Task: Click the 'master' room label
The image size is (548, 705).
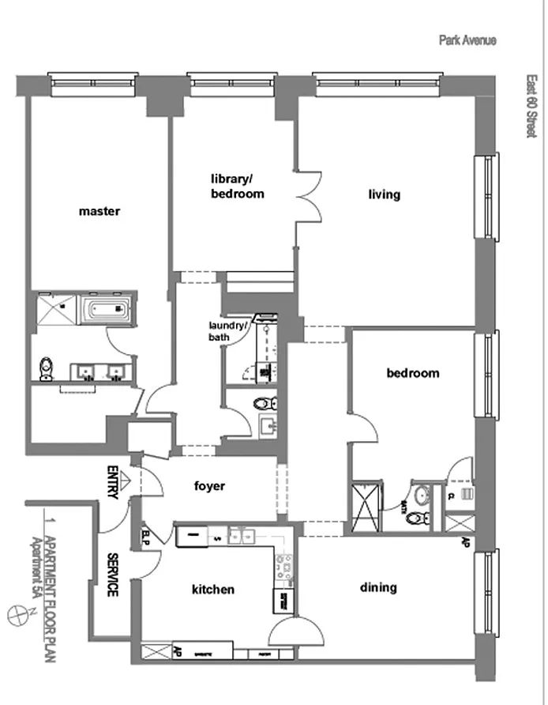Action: click(99, 211)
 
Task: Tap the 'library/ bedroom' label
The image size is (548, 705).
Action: click(237, 186)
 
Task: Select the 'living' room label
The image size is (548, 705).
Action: click(385, 194)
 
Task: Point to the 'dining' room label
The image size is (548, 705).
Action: click(378, 587)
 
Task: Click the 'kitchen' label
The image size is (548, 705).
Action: click(213, 589)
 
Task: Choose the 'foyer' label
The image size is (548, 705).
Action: click(209, 486)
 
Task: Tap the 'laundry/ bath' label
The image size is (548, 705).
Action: click(227, 331)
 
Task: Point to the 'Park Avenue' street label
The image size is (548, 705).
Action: click(467, 40)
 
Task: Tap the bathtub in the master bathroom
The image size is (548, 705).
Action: click(107, 310)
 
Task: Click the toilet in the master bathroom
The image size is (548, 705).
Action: click(47, 368)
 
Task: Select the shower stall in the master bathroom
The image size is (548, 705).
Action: click(51, 310)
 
